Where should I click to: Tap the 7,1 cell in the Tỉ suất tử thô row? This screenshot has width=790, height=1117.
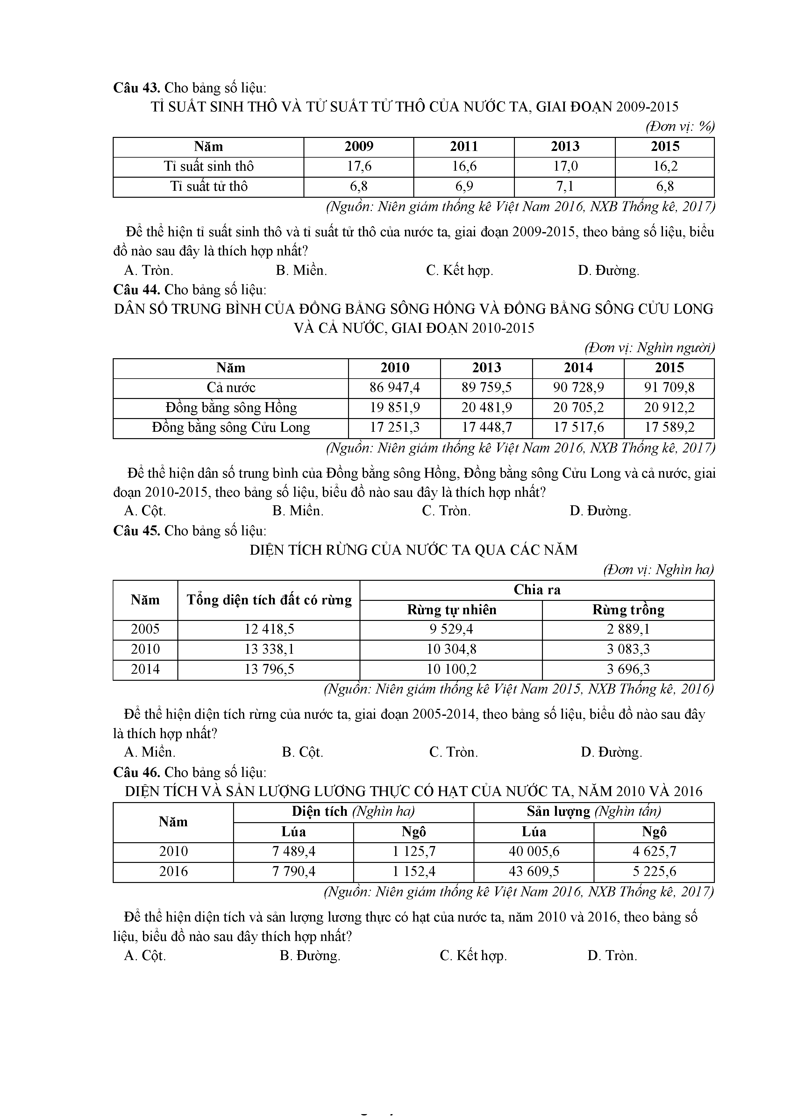565,186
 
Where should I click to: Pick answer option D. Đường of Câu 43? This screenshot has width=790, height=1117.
609,270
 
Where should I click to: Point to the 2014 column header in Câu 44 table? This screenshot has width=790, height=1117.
578,368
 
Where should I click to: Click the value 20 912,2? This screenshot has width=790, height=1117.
669,408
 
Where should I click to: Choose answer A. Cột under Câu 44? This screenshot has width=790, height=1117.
145,511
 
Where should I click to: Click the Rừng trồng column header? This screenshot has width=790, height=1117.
628,610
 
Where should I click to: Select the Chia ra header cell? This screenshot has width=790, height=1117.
537,590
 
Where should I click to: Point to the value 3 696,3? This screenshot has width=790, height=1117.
628,669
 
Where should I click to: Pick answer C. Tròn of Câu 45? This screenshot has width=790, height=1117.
453,752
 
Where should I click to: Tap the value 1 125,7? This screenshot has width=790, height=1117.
414,852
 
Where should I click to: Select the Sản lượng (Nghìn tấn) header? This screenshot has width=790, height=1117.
594,811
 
